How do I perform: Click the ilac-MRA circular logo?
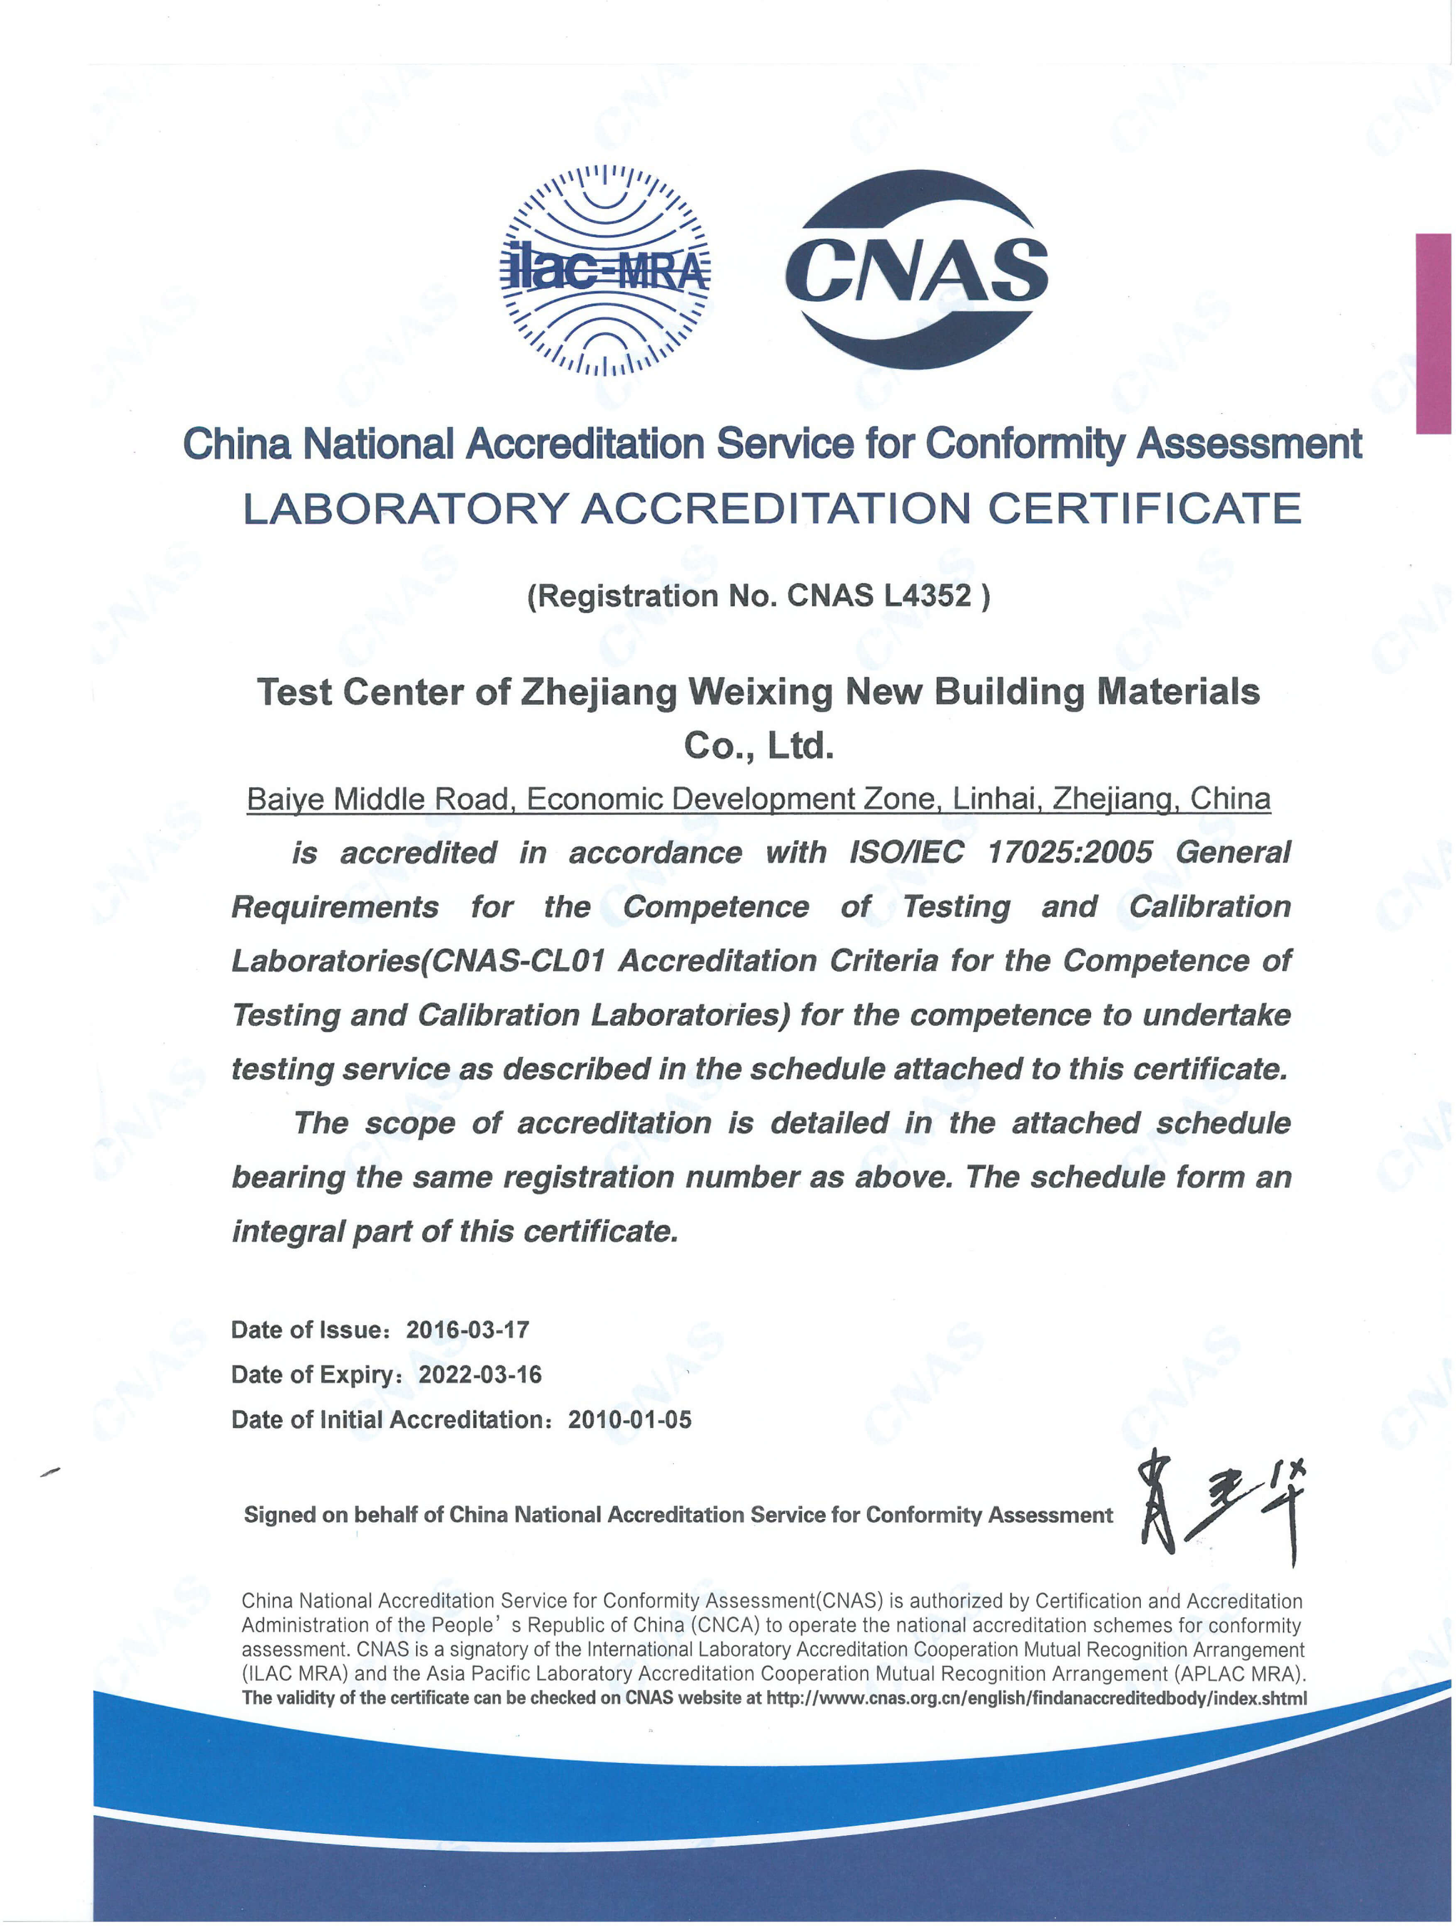[x=604, y=270]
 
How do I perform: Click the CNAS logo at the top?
[x=916, y=270]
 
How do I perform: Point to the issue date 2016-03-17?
[x=467, y=1330]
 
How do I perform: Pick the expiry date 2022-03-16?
[x=480, y=1375]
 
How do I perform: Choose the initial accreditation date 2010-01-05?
[x=629, y=1420]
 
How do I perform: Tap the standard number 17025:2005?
[x=1070, y=852]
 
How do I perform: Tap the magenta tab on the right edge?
[x=1432, y=334]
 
